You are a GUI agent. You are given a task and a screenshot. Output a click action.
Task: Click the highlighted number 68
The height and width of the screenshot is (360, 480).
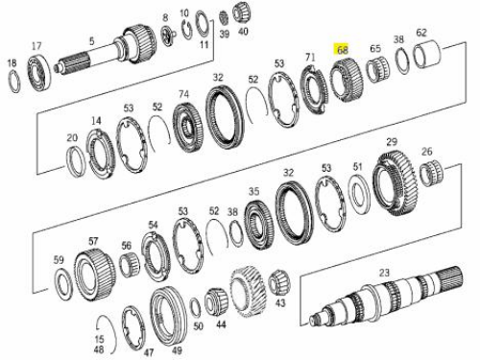pyautogui.click(x=342, y=50)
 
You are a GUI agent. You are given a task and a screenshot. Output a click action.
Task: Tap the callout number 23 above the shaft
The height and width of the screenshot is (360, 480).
pyautogui.click(x=384, y=273)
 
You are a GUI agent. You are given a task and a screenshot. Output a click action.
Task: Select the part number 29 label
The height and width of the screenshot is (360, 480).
pyautogui.click(x=392, y=142)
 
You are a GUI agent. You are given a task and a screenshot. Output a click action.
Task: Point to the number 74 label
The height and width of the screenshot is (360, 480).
pyautogui.click(x=183, y=94)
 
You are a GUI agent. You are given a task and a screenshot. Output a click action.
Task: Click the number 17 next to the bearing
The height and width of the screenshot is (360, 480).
pyautogui.click(x=36, y=46)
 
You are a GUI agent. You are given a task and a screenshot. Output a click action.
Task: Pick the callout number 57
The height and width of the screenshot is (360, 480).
pyautogui.click(x=93, y=241)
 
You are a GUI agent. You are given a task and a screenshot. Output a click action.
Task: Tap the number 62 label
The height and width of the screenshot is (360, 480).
pyautogui.click(x=421, y=33)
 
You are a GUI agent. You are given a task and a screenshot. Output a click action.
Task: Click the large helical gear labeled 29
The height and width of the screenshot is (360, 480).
pyautogui.click(x=396, y=183)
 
